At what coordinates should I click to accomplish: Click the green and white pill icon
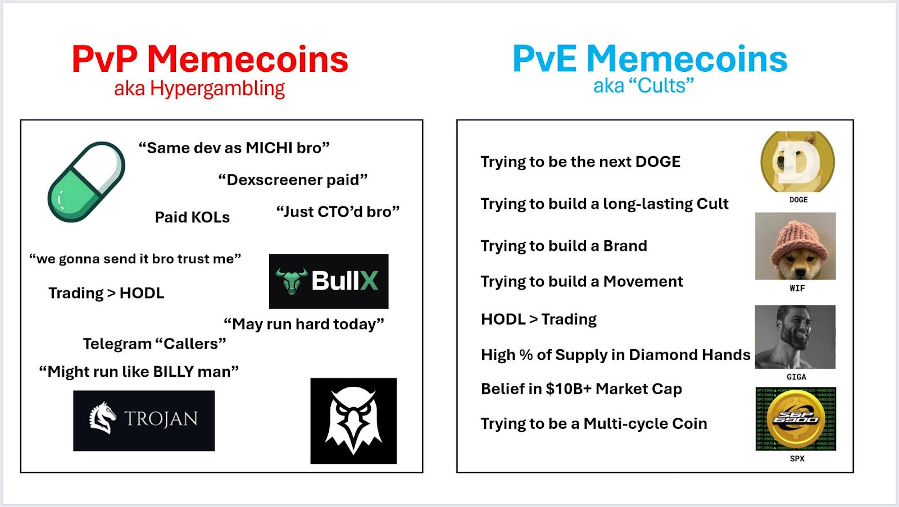point(87,181)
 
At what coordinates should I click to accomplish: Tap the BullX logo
point(329,281)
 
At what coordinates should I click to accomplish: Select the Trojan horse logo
point(144,420)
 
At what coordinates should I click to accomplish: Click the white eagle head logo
point(353,421)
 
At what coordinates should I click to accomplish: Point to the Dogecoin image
point(797,162)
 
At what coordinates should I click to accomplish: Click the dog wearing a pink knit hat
point(796,246)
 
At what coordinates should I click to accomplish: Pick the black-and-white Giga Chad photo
point(795,337)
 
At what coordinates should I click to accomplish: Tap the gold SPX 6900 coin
point(796,419)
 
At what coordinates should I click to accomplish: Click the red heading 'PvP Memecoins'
point(210,60)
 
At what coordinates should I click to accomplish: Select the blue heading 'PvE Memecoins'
point(650,60)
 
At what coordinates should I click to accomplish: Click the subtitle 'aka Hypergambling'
point(199,89)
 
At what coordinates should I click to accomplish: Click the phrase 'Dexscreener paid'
point(293,180)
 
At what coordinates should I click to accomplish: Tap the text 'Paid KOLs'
point(192,218)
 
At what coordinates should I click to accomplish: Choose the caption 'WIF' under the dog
point(797,288)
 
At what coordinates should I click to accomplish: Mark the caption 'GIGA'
point(796,377)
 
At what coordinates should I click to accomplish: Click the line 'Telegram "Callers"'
point(155,344)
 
